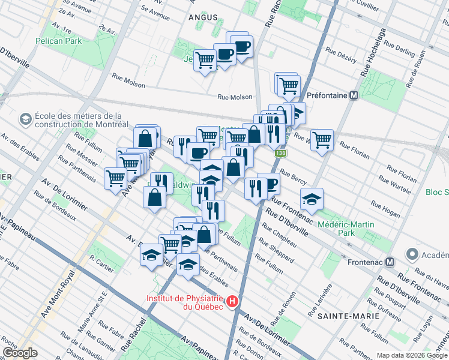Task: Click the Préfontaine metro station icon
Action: tap(354, 95)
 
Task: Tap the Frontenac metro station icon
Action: tap(390, 262)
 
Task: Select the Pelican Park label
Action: tap(58, 41)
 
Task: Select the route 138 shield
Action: tap(280, 154)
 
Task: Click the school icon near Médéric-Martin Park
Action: tap(312, 199)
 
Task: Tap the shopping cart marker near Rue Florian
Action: tap(322, 140)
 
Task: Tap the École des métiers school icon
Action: tap(26, 120)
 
